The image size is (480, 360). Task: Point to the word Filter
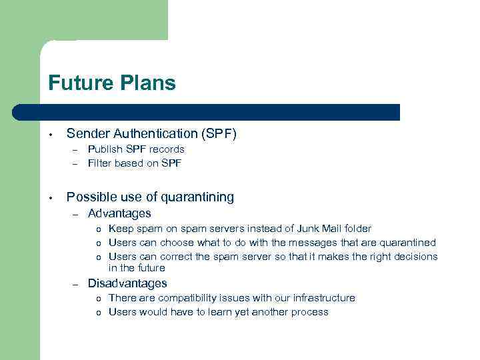click(x=99, y=163)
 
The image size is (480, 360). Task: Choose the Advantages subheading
click(x=119, y=213)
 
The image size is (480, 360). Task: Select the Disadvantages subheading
click(x=127, y=283)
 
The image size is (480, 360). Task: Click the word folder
click(x=354, y=229)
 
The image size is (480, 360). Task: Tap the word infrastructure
click(x=318, y=298)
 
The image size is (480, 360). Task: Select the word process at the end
click(x=309, y=312)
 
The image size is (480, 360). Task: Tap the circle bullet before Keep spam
click(x=98, y=229)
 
